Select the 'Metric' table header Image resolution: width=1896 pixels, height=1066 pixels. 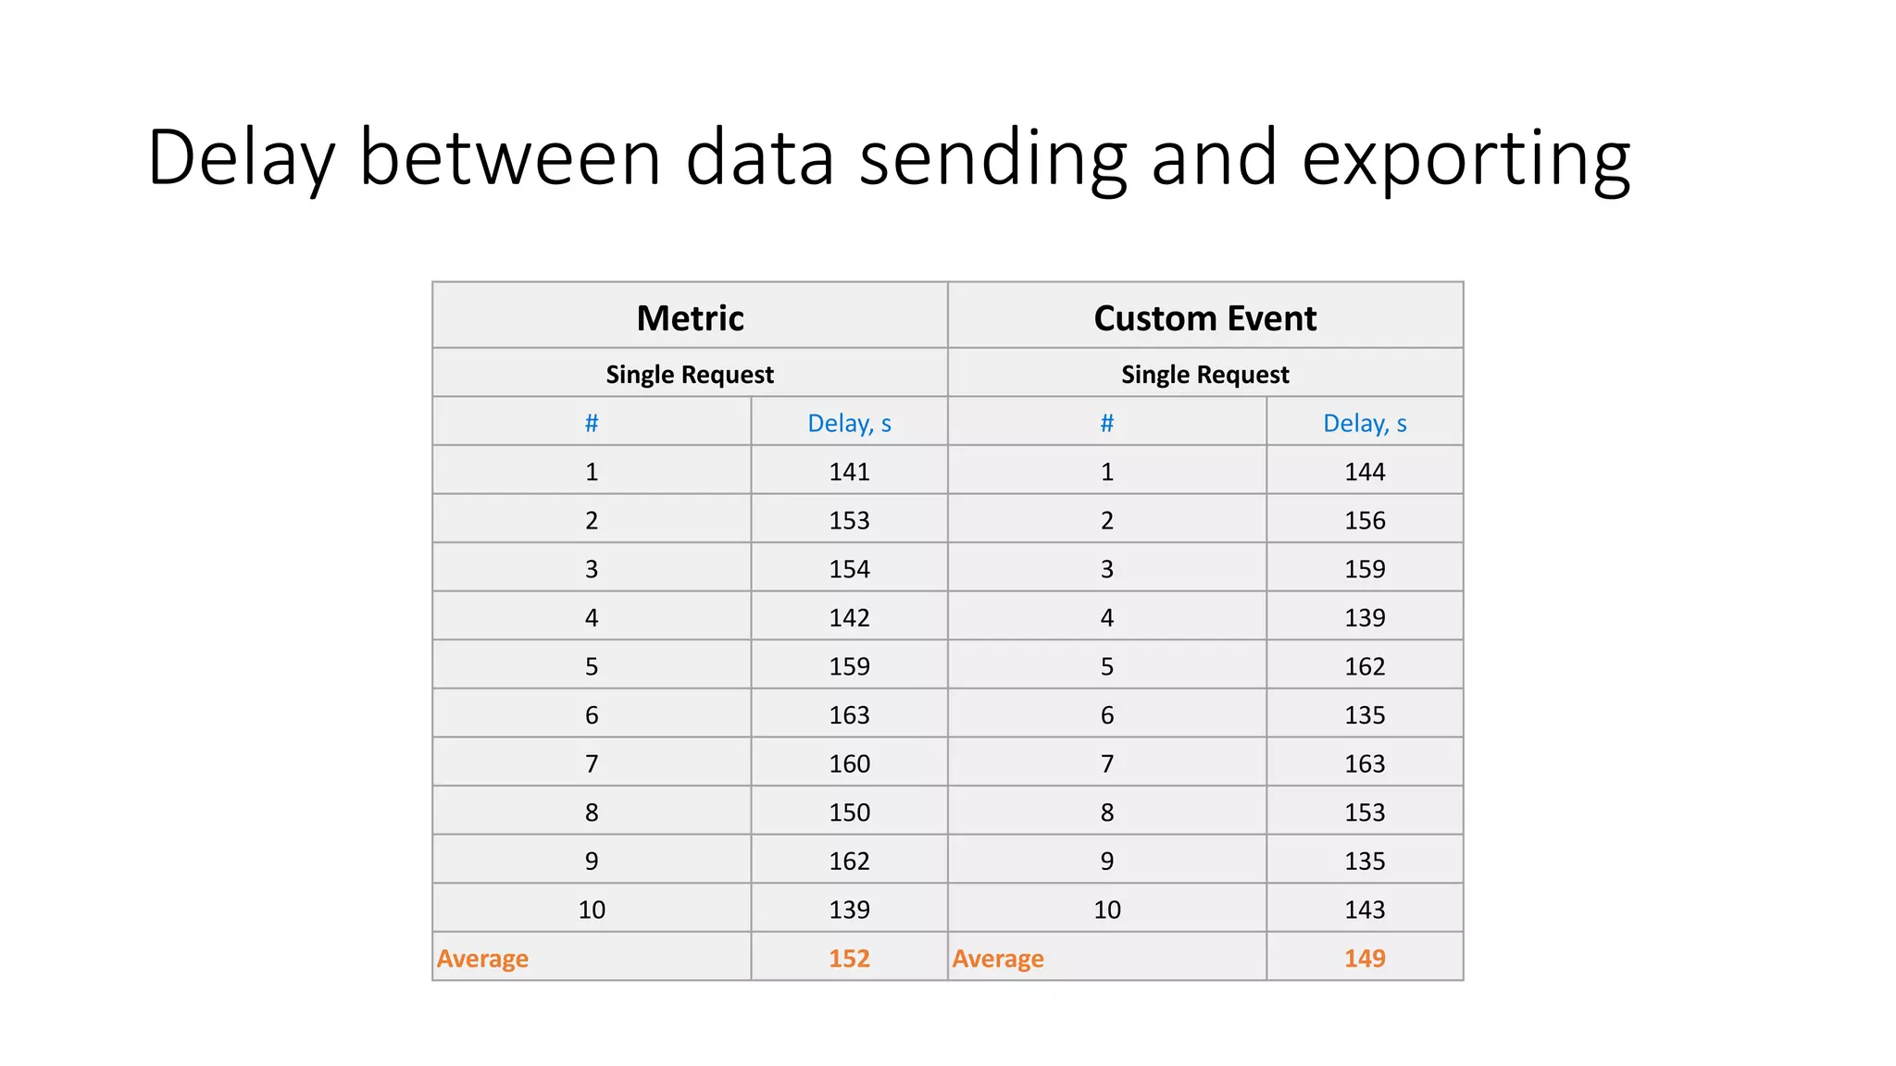coord(690,318)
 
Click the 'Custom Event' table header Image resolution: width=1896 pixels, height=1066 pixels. coord(1204,318)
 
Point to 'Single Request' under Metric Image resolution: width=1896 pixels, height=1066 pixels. coord(690,375)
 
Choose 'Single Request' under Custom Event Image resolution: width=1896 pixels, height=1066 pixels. coord(1204,375)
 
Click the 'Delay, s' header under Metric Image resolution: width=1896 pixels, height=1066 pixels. coord(849,424)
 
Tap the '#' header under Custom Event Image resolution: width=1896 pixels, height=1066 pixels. coord(1106,424)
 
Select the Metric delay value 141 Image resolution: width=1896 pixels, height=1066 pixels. coord(849,472)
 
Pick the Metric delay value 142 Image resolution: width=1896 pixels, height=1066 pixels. coord(849,618)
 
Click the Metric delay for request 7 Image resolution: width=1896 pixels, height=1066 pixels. coord(849,764)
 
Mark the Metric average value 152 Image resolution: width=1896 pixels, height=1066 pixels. coord(849,959)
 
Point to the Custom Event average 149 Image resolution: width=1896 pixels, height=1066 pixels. coord(1365,959)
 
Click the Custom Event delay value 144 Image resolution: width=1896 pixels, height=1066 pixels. coord(1365,472)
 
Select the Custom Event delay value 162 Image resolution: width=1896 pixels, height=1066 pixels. coord(1365,667)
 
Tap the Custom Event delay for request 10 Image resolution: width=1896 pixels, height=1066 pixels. coord(1365,911)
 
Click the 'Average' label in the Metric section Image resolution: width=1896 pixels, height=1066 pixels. coord(482,959)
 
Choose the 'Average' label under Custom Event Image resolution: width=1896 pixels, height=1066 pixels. coord(998,959)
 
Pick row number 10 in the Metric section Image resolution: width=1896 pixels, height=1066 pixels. coord(592,911)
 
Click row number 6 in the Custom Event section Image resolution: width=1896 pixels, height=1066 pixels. coord(1106,715)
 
